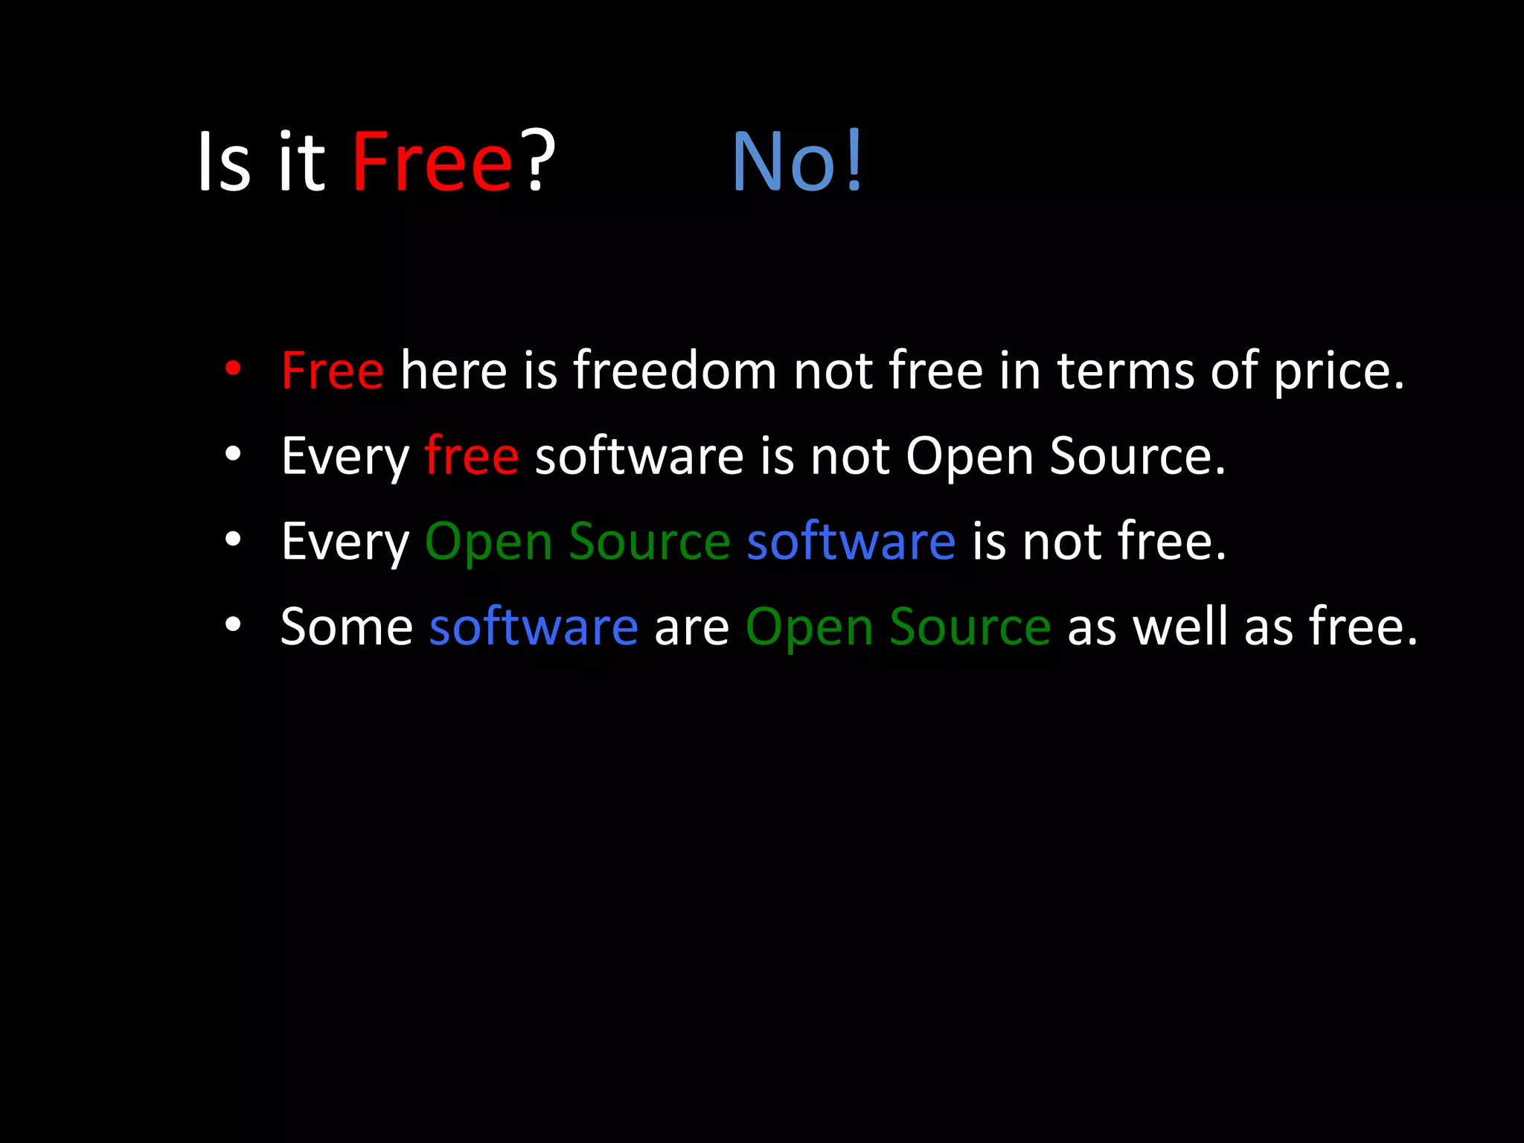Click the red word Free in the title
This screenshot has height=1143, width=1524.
(x=432, y=161)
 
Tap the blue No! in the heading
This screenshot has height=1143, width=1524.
(x=797, y=161)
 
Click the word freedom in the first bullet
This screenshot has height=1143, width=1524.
(x=674, y=371)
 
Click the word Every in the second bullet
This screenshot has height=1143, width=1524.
(x=345, y=458)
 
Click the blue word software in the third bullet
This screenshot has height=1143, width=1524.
(x=851, y=541)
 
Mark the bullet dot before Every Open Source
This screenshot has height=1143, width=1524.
(x=233, y=540)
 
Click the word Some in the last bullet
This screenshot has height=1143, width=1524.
(x=347, y=627)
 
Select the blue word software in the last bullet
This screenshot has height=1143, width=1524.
(x=534, y=627)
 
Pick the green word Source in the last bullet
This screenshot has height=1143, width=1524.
(x=970, y=627)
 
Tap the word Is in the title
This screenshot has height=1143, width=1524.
(x=223, y=161)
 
